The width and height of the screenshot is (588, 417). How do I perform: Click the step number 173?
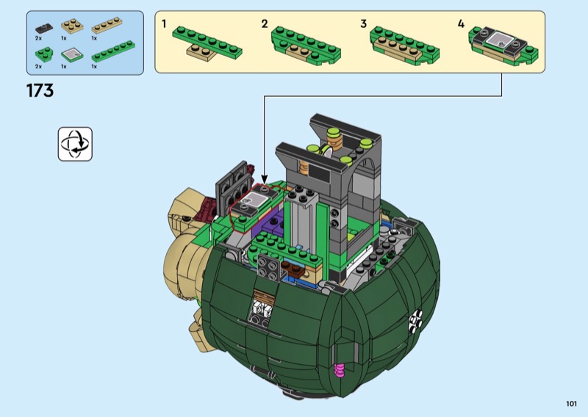tap(40, 91)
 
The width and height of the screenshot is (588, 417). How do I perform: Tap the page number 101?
tap(571, 404)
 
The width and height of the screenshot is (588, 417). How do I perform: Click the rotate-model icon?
tap(75, 144)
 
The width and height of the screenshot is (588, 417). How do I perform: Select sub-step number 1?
tap(164, 23)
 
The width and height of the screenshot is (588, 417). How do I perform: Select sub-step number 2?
tap(265, 23)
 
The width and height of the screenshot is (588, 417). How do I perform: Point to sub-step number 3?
tap(363, 23)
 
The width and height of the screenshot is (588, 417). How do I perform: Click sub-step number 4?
tap(462, 23)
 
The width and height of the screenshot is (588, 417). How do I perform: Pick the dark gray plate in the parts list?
tap(44, 28)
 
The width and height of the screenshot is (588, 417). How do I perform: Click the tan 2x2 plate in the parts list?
tap(72, 26)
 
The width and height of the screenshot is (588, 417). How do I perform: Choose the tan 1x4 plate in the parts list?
tap(107, 25)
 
